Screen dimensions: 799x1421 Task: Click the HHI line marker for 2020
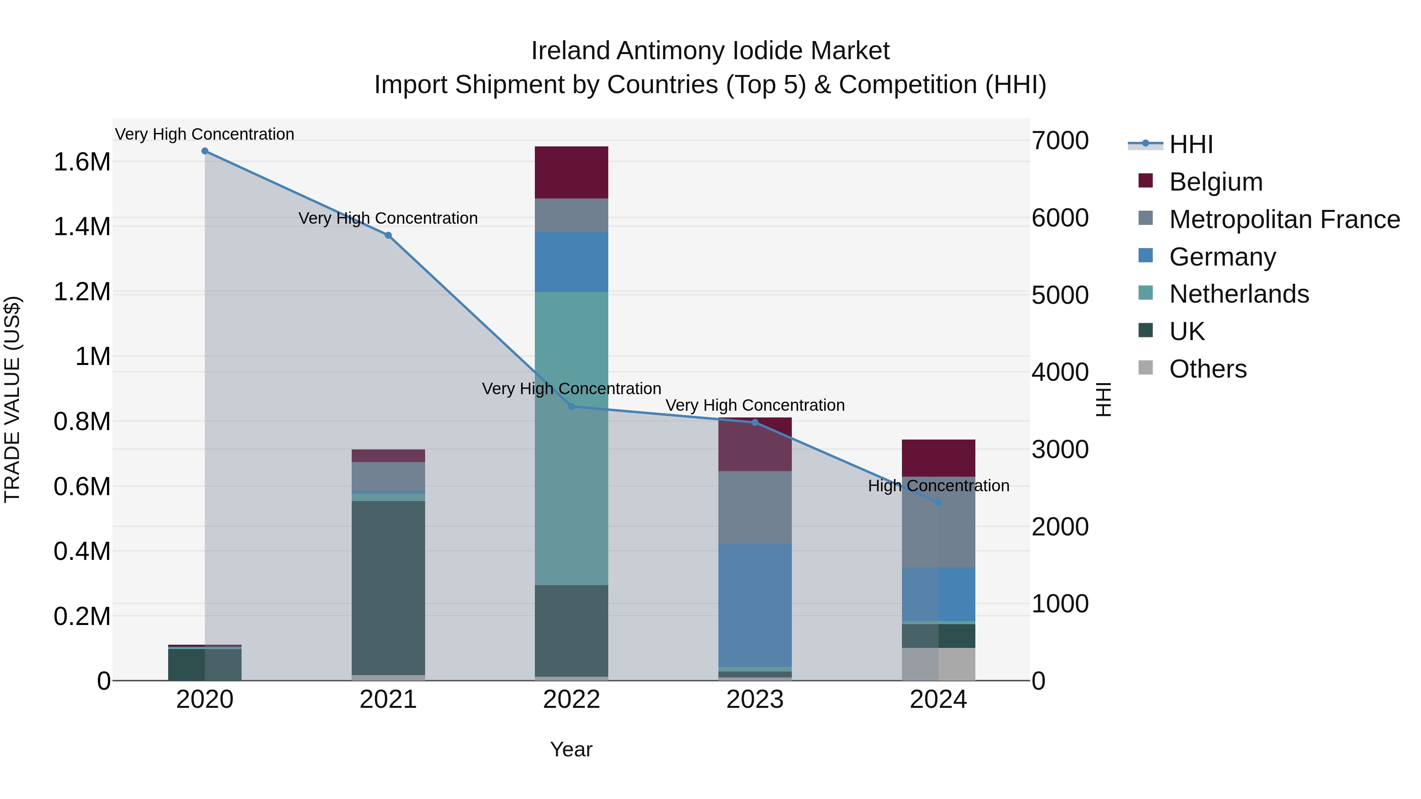click(x=204, y=151)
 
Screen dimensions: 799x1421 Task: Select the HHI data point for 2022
click(x=572, y=406)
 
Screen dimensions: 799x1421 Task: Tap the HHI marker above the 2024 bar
click(x=938, y=502)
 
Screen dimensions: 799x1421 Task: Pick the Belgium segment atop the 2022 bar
click(x=572, y=172)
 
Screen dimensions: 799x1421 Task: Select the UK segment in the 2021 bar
click(x=388, y=587)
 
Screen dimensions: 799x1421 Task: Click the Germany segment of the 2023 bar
click(x=755, y=605)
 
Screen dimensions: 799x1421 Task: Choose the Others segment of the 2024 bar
click(x=938, y=664)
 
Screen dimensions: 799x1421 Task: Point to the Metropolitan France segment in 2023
click(x=755, y=507)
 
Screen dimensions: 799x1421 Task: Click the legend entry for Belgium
click(x=1216, y=182)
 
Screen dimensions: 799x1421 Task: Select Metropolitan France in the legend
click(x=1284, y=219)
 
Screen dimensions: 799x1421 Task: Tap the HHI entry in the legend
click(x=1190, y=144)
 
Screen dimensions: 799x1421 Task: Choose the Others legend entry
click(x=1207, y=369)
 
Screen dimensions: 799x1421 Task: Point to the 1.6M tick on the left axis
click(x=82, y=162)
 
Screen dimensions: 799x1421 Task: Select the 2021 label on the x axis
click(x=388, y=700)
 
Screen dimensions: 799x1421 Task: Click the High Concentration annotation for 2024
click(x=938, y=486)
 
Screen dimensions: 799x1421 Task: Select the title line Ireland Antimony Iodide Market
click(x=710, y=51)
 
